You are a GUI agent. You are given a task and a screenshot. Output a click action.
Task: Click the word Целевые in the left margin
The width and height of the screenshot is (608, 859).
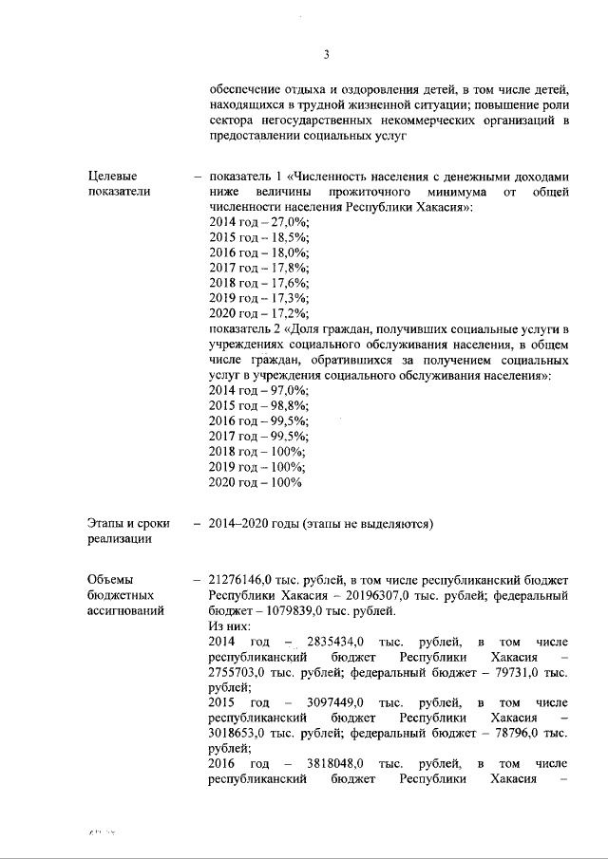(x=112, y=176)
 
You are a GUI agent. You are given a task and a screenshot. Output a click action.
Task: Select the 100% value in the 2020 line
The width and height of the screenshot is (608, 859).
(x=284, y=482)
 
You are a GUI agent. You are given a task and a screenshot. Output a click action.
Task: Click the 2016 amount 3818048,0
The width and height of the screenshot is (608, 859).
(x=340, y=763)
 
